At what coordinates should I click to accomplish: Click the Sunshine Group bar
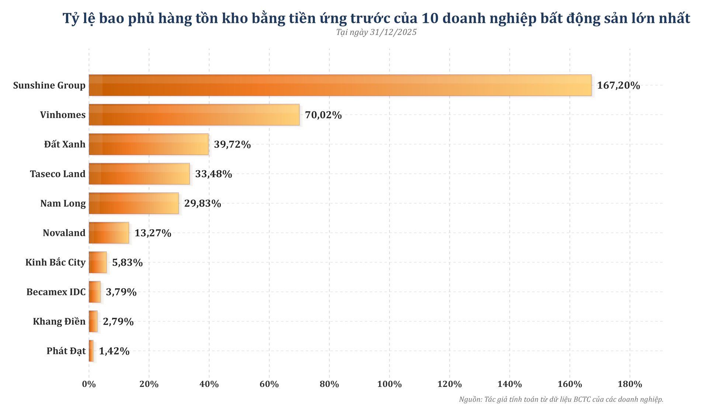tap(340, 86)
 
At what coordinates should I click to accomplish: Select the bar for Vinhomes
tap(194, 115)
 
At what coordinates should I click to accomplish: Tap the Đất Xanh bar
tap(149, 144)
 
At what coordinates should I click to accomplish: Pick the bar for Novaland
tap(109, 233)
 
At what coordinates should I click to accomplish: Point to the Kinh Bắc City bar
tap(98, 262)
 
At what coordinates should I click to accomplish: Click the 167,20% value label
tap(618, 86)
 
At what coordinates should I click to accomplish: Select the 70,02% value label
tap(323, 115)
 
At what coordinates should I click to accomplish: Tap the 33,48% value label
tap(214, 174)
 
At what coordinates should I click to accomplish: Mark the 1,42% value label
tap(114, 351)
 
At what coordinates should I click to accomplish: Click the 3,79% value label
tap(121, 292)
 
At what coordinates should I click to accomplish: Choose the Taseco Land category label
tap(58, 174)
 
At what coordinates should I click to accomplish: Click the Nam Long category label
tap(63, 203)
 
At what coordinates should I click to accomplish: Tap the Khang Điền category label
tap(59, 322)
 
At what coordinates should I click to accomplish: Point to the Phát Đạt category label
tap(66, 351)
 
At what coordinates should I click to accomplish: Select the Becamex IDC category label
tap(56, 292)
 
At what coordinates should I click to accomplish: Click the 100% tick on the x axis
tap(389, 384)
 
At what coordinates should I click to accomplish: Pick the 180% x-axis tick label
tap(630, 384)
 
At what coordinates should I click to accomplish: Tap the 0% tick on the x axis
tap(89, 384)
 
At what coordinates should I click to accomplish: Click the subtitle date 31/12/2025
tap(393, 32)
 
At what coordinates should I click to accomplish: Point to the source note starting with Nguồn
tap(561, 400)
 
